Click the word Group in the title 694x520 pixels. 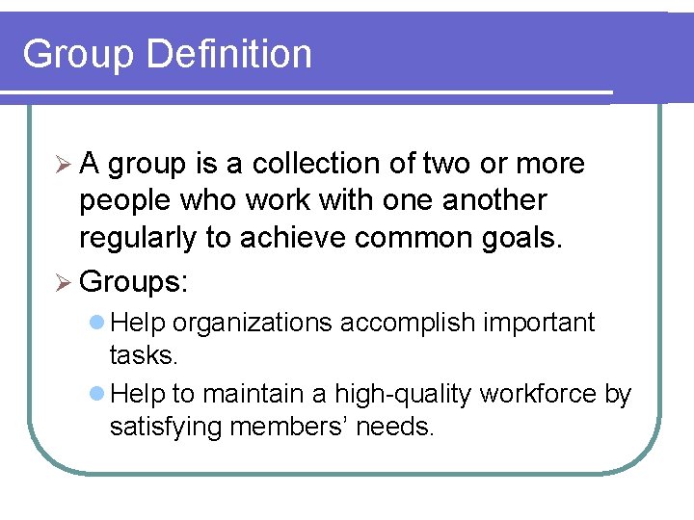(x=76, y=54)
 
